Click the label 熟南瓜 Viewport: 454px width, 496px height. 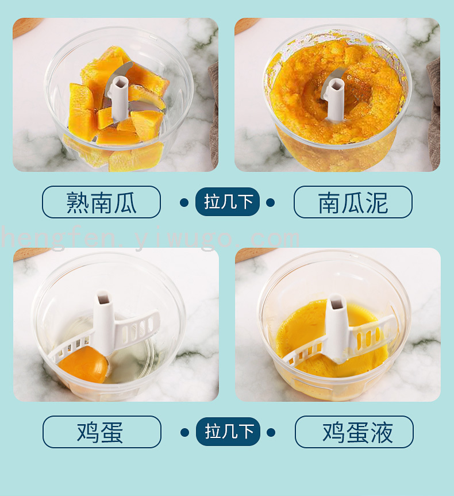coord(101,202)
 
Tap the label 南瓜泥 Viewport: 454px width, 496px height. coord(353,202)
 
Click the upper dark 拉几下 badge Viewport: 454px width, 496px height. coord(228,202)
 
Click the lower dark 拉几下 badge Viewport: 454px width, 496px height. coord(228,432)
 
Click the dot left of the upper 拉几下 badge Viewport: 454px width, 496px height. coord(184,202)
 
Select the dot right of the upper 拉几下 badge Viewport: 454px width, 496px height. coord(270,202)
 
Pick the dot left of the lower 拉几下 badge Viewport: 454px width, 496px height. coord(185,432)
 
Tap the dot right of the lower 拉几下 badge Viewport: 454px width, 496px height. coord(271,432)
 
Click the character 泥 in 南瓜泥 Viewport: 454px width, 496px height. coord(377,202)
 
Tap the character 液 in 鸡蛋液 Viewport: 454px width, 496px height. coord(382,432)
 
